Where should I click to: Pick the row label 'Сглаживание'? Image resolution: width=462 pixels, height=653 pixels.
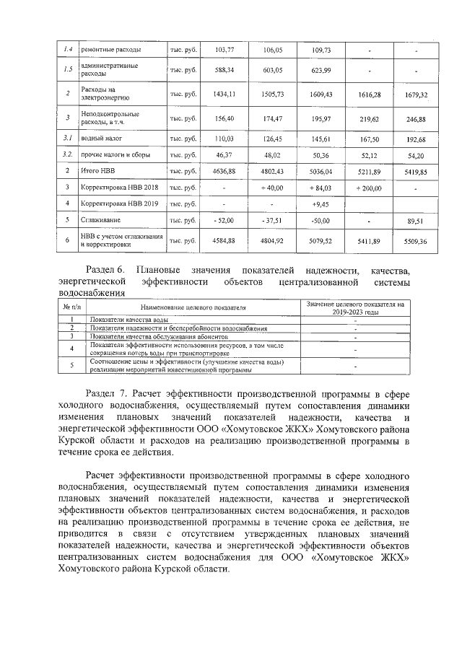pos(101,219)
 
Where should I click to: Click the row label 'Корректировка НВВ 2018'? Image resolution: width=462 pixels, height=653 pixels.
pos(119,188)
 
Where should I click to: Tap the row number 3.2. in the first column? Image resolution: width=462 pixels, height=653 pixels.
pos(67,154)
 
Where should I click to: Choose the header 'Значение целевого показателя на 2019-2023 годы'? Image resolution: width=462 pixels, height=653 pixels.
pos(355,308)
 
